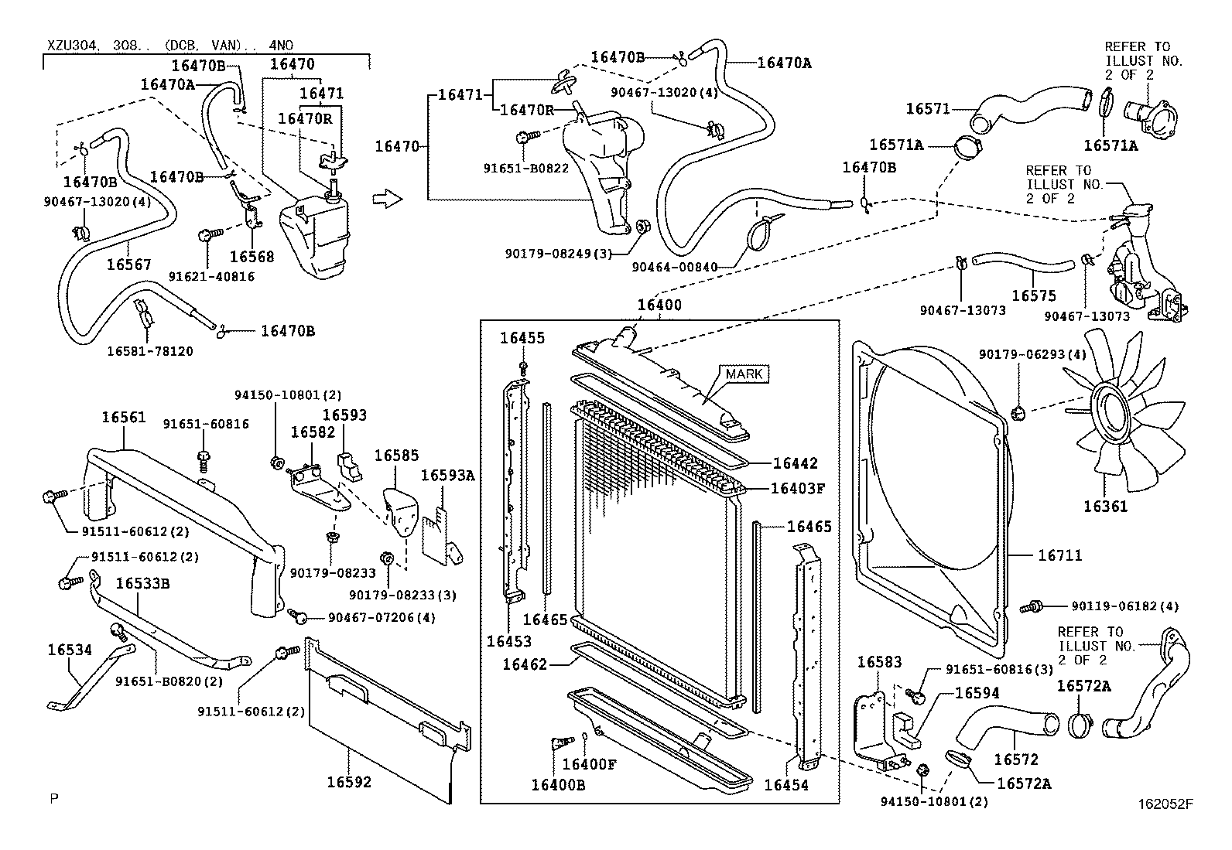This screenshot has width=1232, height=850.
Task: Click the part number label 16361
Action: [1105, 507]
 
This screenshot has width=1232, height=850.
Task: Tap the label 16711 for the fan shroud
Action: [1059, 555]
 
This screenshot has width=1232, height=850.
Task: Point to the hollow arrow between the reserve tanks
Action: [388, 200]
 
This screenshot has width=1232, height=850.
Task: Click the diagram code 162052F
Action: [1165, 804]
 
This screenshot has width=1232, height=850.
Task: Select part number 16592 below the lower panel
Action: [348, 782]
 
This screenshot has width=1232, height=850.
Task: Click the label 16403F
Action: [798, 488]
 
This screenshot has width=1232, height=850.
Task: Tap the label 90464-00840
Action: [673, 267]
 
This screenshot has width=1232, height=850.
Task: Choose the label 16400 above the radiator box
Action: [659, 305]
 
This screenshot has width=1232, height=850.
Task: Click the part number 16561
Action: [123, 418]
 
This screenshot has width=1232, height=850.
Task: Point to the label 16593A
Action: [447, 476]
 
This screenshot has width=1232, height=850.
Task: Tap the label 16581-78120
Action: [150, 351]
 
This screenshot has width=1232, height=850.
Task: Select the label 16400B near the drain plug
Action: [557, 784]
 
